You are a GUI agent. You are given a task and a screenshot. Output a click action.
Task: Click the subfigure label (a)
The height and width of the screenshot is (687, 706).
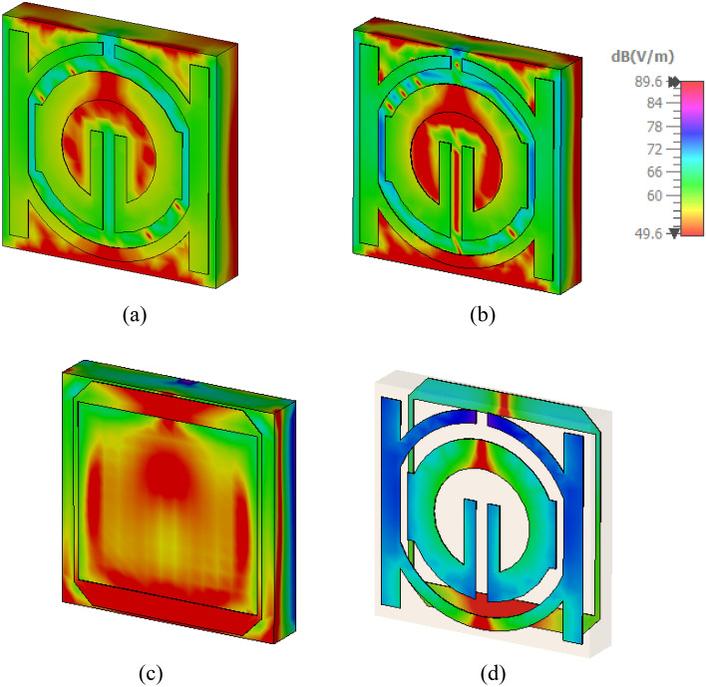coord(135,315)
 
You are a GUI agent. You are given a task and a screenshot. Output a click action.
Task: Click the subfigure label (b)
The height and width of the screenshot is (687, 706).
coord(483,315)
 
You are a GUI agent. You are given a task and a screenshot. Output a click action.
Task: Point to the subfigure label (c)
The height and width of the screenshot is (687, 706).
coord(151,674)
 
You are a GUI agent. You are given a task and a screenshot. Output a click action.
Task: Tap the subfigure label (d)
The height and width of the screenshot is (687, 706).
coord(494,674)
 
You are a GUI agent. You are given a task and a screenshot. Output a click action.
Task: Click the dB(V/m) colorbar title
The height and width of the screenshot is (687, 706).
coord(642,57)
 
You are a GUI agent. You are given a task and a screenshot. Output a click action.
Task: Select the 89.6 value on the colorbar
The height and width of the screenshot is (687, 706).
coord(648,82)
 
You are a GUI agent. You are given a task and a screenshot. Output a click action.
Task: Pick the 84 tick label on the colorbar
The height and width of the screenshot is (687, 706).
coord(655,103)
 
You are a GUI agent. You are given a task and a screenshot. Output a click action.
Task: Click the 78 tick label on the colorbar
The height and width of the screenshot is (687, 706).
coord(655,127)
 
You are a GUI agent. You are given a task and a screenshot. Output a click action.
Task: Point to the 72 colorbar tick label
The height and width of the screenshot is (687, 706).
coord(655,149)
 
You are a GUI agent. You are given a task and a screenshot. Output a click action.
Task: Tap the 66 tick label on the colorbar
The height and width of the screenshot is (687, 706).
coord(655,172)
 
